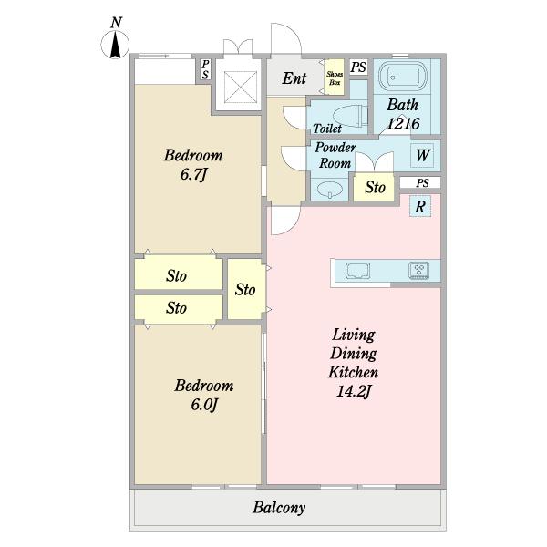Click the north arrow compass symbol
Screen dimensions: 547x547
pos(115,45)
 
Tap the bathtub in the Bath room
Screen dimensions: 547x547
pos(403,77)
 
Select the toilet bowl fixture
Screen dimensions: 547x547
pos(351,116)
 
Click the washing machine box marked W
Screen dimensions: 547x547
pos(422,155)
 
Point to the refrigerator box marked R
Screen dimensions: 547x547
pos(420,207)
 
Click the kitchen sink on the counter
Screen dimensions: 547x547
pos(357,271)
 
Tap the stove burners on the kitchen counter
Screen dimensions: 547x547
pos(419,271)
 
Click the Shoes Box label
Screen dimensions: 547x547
pos(335,78)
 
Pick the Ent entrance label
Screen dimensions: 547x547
pos(294,78)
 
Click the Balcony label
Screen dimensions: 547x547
pos(279,508)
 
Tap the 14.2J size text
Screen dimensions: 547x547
pos(354,391)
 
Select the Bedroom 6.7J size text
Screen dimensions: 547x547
pos(193,174)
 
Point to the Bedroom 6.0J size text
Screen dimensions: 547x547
pos(204,404)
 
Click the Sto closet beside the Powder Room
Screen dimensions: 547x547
pos(374,187)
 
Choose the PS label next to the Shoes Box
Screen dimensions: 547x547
pos(358,67)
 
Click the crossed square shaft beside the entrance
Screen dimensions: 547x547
pos(241,87)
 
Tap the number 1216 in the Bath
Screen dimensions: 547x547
pos(404,123)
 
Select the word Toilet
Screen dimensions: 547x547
pos(327,129)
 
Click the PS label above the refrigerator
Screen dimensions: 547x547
pos(422,183)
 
